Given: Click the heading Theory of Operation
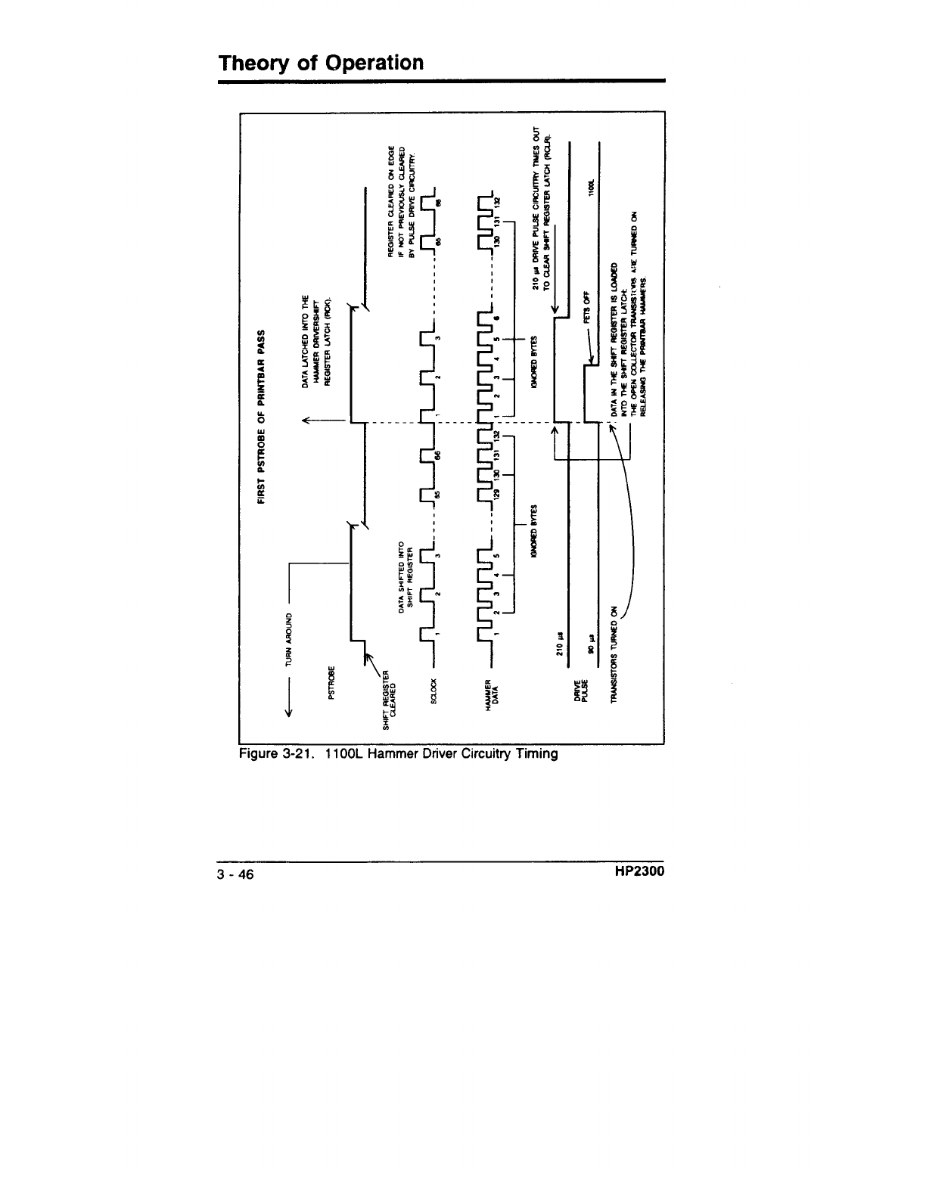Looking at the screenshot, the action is point(321,62).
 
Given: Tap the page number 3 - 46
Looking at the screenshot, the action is point(235,875).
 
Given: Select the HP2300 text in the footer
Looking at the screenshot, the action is point(639,874).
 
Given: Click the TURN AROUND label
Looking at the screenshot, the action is point(287,629).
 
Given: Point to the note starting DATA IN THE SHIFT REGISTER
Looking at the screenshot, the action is point(629,341).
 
